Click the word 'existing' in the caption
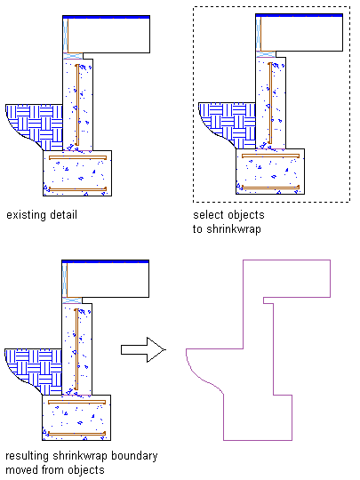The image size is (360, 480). tap(26, 215)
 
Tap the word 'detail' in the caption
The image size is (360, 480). tap(63, 214)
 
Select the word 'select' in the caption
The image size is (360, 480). tap(206, 214)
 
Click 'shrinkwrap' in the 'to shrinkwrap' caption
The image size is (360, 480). tap(234, 229)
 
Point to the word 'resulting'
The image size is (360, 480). tap(28, 456)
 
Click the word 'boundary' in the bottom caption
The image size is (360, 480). tap(135, 456)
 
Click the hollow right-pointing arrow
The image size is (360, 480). tap(143, 349)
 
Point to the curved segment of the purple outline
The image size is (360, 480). tap(199, 377)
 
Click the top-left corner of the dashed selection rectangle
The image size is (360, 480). tap(193, 6)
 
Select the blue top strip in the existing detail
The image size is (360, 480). tap(107, 17)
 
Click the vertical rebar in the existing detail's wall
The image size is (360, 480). tap(77, 105)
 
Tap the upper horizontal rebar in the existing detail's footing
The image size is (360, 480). tap(77, 157)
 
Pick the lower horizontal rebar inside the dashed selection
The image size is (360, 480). tap(270, 187)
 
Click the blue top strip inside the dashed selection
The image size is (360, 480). tap(299, 15)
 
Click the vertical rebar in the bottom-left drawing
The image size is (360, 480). tap(76, 349)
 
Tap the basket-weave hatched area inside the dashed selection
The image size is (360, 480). tap(233, 123)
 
